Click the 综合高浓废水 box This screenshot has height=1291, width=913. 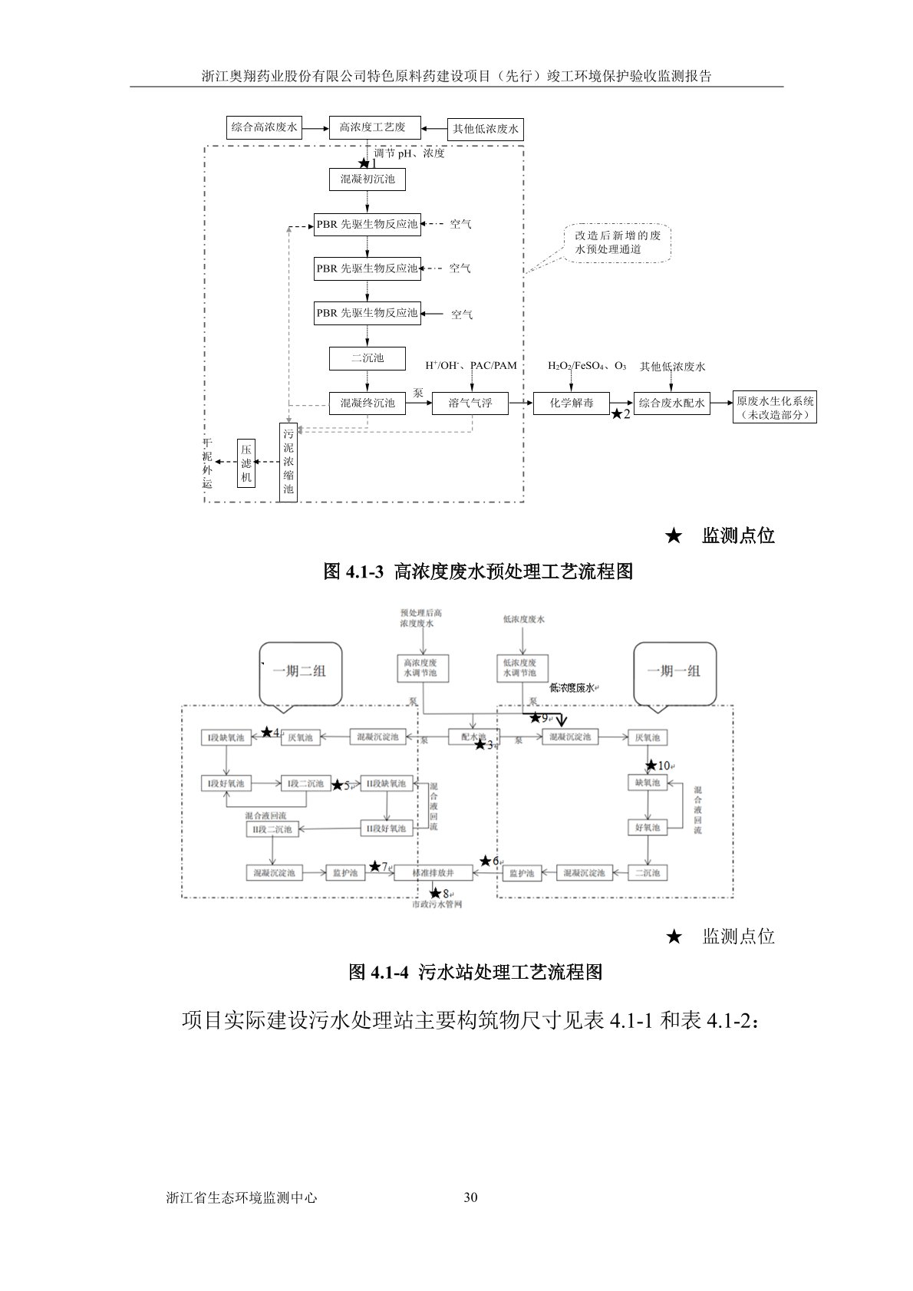[265, 127]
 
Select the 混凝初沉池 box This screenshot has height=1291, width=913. [368, 179]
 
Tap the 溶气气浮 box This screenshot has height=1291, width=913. [470, 403]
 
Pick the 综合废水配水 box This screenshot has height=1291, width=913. [672, 403]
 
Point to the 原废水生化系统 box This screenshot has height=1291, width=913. [775, 407]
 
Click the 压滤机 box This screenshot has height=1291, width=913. [246, 463]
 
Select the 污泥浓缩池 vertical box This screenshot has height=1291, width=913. [288, 462]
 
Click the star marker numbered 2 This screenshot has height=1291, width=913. [617, 414]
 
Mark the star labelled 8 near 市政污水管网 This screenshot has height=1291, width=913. [436, 893]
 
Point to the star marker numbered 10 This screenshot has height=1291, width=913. [651, 765]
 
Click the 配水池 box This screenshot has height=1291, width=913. [473, 736]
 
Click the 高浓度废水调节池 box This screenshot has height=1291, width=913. [421, 667]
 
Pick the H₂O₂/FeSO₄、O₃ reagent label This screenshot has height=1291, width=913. [587, 367]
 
